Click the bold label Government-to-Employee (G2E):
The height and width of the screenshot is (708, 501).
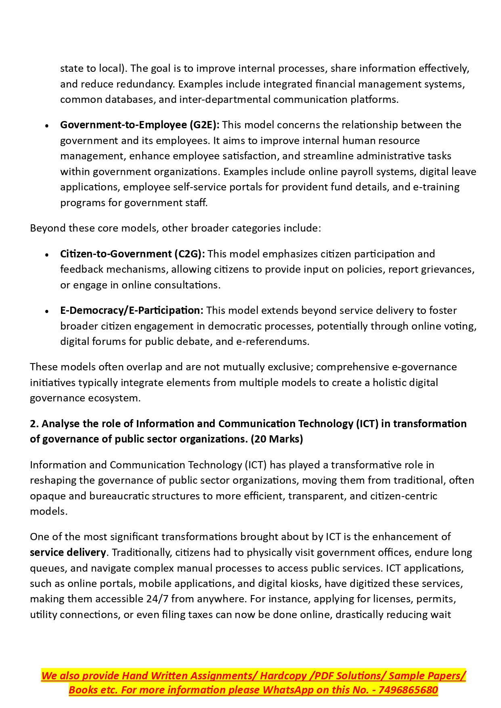(140, 125)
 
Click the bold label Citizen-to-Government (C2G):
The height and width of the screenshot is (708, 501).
(132, 254)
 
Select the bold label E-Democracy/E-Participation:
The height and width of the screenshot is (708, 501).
(132, 311)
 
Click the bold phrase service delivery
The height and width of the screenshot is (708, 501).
(68, 552)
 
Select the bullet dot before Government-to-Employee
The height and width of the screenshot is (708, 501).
(47, 126)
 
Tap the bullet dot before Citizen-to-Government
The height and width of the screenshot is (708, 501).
(47, 255)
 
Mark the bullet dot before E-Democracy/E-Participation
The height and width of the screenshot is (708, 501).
(47, 311)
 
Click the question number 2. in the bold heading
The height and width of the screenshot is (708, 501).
(34, 424)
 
